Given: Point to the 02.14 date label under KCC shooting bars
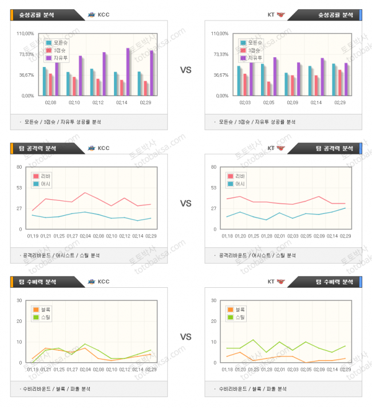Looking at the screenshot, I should coord(121,103).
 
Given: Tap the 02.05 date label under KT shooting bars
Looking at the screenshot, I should coord(268,103).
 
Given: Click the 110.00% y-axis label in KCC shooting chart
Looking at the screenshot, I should coord(26,33).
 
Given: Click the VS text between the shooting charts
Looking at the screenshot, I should coord(185,70).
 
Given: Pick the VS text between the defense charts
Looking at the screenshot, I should coord(185,337).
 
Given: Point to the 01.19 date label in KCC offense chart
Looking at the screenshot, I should coord(33,236).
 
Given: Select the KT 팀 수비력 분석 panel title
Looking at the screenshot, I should coord(334,282).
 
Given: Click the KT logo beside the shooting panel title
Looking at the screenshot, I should coord(280,15).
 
